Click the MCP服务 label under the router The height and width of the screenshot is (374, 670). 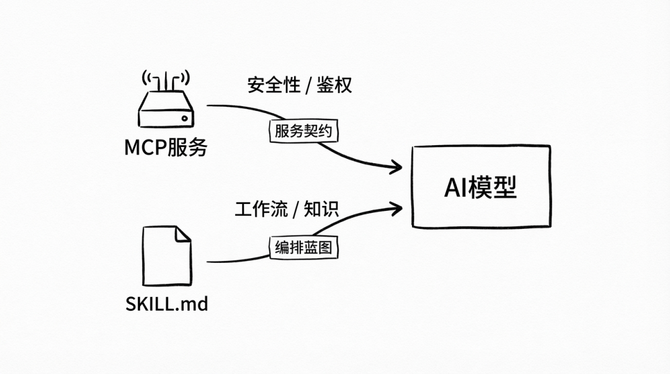pos(166,148)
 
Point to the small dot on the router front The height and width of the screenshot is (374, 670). pos(184,118)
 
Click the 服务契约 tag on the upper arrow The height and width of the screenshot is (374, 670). pos(304,131)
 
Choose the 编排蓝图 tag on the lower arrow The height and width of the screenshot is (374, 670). pos(304,247)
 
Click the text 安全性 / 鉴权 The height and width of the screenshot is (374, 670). pos(300,85)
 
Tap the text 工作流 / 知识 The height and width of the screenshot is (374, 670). pos(287,209)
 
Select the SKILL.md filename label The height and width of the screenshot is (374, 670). pos(166,305)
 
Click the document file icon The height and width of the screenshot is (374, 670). pos(166,254)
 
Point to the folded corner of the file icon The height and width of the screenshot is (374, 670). pos(182,234)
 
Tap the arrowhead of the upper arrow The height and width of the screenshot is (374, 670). pos(397,166)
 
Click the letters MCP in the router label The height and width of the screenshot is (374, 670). pos(145,148)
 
